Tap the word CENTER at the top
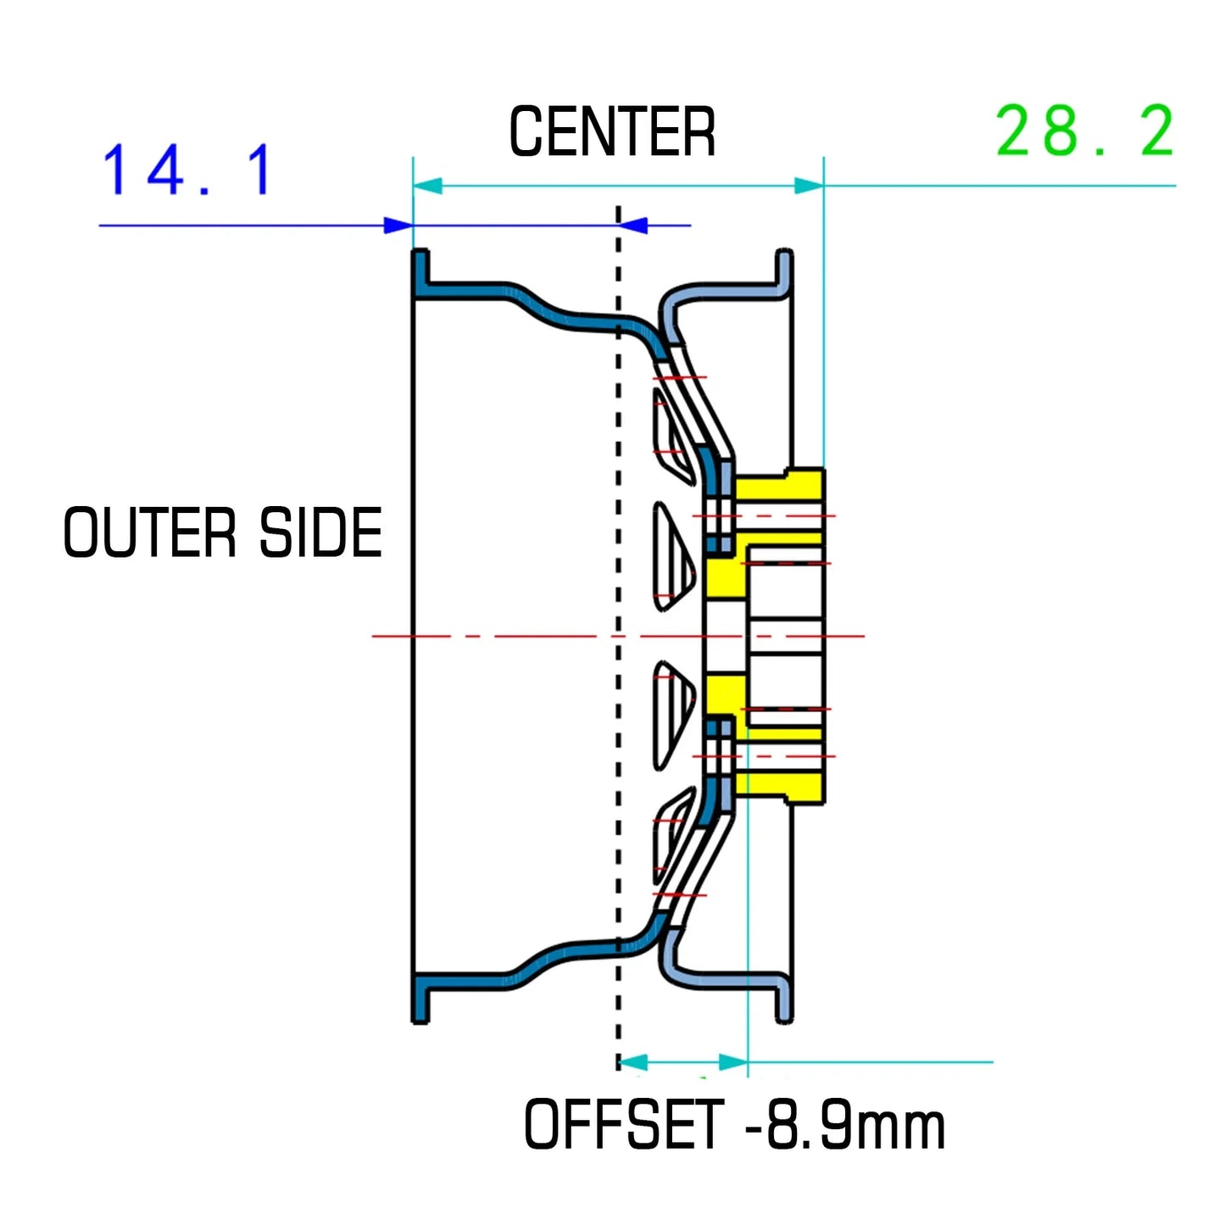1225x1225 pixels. [612, 132]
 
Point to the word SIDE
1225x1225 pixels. [320, 532]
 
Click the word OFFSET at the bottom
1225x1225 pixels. [624, 1124]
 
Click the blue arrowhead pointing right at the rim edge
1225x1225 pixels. [398, 226]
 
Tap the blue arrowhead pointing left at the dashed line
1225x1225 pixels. [633, 226]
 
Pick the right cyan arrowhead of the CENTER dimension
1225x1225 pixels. [809, 186]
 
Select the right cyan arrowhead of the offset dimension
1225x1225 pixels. [733, 1062]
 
